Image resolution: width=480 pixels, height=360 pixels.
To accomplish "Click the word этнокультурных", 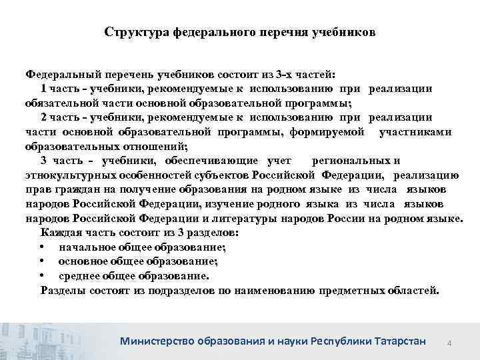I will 67,175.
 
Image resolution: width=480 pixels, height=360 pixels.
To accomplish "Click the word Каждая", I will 58,233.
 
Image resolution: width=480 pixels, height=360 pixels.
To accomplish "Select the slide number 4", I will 449,343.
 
